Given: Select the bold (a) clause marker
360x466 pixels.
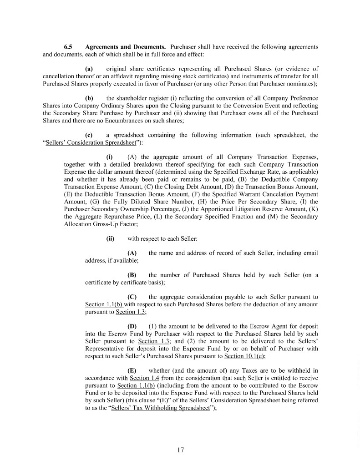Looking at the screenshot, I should point(89,69).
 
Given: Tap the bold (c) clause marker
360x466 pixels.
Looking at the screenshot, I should point(89,135).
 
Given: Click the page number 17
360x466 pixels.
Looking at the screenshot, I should point(180,451).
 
